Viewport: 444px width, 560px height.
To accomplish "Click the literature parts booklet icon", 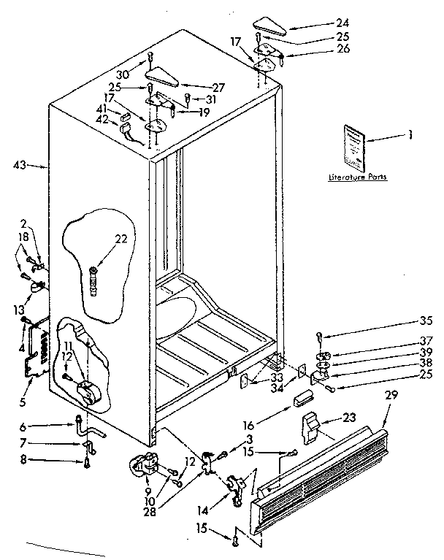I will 354,147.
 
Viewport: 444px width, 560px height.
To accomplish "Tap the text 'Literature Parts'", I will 357,177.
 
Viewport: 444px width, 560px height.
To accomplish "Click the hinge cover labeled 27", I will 161,75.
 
